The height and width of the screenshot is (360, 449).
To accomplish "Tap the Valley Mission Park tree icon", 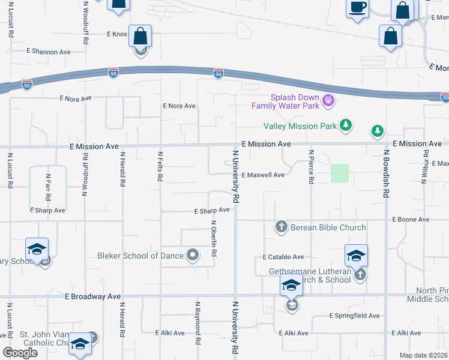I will point(345,125).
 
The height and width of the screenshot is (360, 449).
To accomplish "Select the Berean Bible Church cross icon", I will point(281,227).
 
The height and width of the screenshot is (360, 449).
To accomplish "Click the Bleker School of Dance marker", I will point(193,256).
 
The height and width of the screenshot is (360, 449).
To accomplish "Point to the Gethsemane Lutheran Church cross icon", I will point(360,274).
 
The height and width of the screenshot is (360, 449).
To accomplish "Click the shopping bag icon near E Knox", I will point(140,37).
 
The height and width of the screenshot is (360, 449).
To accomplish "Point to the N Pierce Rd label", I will point(311,167).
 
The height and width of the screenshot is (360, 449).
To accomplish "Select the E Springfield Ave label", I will point(354,316).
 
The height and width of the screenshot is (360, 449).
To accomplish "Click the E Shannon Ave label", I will point(49,52).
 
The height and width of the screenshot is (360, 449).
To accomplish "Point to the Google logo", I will point(20,353).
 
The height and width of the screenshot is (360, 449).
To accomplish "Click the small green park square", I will point(340,173).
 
